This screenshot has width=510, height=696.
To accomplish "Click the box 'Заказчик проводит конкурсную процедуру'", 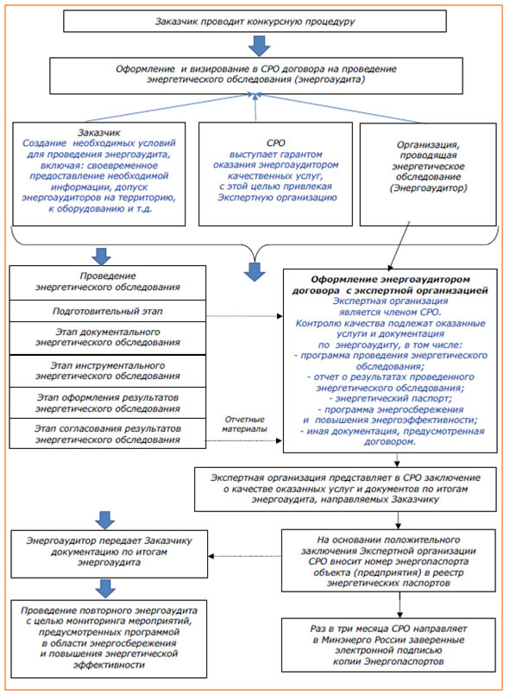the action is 255,22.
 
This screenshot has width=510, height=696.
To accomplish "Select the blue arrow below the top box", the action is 259,45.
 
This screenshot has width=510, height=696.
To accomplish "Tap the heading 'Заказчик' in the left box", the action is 99,132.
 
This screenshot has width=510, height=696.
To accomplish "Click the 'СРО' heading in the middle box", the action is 275,143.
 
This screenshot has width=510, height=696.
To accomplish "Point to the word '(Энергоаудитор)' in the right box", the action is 428,187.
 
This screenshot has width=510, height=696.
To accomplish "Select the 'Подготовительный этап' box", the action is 108,311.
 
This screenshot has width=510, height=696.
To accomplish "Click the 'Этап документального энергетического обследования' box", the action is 108,338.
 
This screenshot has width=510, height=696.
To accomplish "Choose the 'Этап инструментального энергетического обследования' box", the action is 108,370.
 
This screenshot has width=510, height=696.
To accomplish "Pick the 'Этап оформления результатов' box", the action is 108,402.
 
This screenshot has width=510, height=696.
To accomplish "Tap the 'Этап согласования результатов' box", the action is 108,433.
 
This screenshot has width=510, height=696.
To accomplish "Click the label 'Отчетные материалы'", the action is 244,424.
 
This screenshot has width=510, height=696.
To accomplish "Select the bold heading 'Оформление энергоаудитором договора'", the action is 390,284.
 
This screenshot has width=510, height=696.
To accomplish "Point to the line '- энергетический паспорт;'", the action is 390,398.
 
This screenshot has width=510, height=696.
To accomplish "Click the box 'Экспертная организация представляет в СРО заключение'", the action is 345,489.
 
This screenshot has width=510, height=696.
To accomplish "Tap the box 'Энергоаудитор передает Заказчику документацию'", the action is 109,554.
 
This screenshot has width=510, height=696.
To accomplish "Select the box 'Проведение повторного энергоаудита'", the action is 109,638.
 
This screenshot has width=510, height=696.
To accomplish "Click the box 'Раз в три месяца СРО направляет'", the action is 388,644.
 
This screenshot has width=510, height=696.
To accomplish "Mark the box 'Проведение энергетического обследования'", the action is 108,282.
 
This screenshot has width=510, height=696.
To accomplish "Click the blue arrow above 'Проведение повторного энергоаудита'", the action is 105,589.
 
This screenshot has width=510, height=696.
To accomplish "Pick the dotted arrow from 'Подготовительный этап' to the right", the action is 244,316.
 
